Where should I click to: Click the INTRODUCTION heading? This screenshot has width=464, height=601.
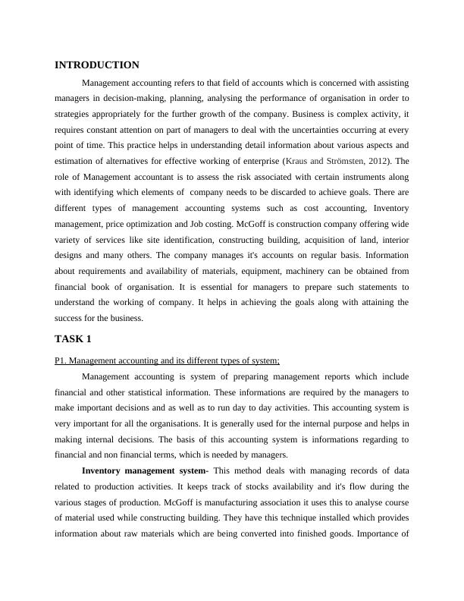(x=97, y=65)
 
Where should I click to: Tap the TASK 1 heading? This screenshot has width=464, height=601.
(x=73, y=338)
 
